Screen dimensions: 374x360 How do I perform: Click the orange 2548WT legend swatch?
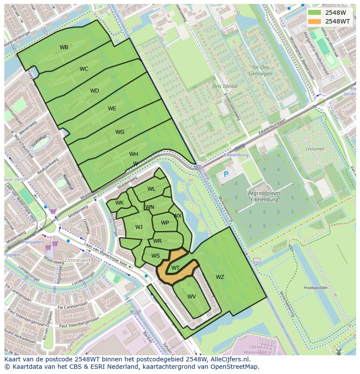(x=314, y=21)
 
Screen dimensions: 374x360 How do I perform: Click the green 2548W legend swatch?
(x=314, y=13)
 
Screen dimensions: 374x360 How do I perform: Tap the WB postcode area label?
(x=64, y=47)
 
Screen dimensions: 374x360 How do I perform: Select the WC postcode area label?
(x=84, y=69)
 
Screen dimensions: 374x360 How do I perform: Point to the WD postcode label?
(x=94, y=91)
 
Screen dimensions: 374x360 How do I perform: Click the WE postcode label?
(x=112, y=109)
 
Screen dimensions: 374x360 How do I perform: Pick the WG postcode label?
(x=120, y=132)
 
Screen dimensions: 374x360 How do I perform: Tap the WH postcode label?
(x=133, y=154)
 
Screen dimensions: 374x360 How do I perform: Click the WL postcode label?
(x=151, y=189)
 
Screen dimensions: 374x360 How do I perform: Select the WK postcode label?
(x=120, y=203)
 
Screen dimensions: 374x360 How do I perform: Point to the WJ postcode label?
(x=139, y=227)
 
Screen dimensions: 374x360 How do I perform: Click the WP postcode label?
(x=165, y=223)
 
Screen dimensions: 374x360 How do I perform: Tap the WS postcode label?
(x=156, y=256)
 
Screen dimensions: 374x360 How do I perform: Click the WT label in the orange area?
(x=175, y=268)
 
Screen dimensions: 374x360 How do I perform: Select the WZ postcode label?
(x=220, y=277)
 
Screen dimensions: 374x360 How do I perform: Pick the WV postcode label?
(x=192, y=297)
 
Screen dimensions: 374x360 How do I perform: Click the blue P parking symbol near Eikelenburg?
(x=226, y=174)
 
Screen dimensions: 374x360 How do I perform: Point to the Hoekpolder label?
(x=315, y=288)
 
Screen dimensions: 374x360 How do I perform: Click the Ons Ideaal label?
(x=225, y=86)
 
